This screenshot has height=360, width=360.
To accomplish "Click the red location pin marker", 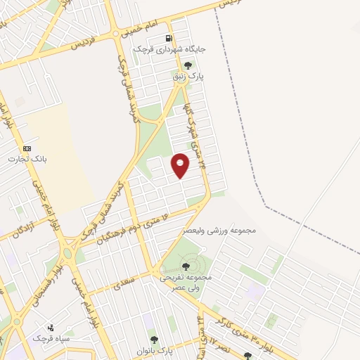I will [x=181, y=165].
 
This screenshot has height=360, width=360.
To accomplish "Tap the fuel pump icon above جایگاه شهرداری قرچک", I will [x=169, y=39].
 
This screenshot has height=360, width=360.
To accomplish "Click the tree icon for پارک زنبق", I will [x=187, y=65].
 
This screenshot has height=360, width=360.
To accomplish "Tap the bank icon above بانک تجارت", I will [x=27, y=148].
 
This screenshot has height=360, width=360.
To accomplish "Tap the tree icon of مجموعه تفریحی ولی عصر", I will [x=186, y=266].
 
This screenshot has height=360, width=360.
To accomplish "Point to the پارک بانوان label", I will [x=155, y=350].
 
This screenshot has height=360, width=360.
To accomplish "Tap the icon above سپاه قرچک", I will [x=50, y=327].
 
